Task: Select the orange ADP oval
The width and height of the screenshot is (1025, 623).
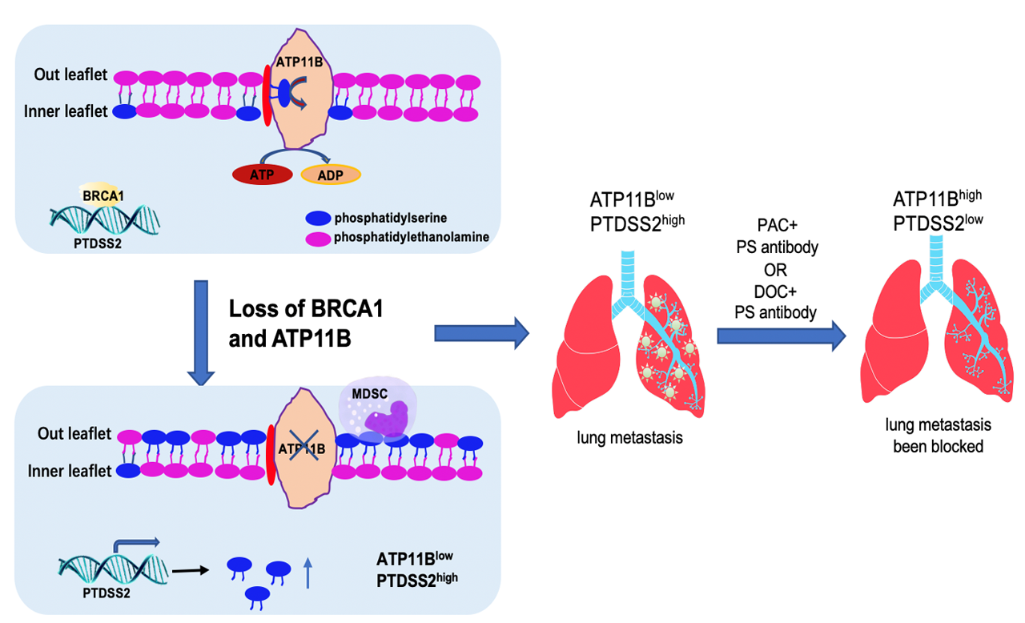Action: [331, 175]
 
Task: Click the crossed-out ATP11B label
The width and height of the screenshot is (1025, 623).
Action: [302, 448]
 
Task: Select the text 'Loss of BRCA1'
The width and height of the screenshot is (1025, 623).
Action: [305, 309]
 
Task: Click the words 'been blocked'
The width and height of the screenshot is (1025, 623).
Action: [938, 445]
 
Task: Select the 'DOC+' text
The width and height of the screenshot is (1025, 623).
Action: [777, 291]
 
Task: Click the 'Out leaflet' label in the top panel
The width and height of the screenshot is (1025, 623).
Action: [70, 74]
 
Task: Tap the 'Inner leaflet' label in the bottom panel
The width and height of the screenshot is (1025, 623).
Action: [70, 472]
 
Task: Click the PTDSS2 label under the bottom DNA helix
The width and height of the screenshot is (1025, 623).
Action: [106, 593]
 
